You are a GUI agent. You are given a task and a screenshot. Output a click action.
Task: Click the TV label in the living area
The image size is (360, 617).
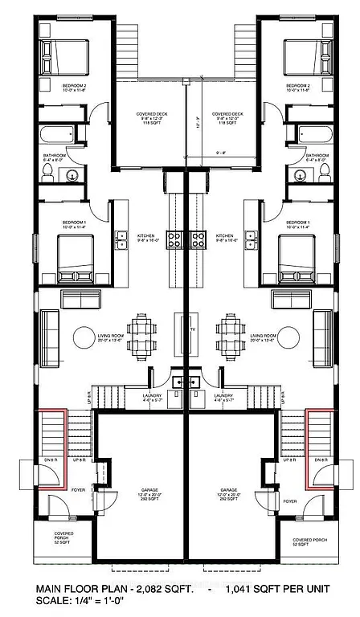(192, 330)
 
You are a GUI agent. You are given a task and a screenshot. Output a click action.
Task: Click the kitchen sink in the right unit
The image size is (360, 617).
(251, 237)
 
